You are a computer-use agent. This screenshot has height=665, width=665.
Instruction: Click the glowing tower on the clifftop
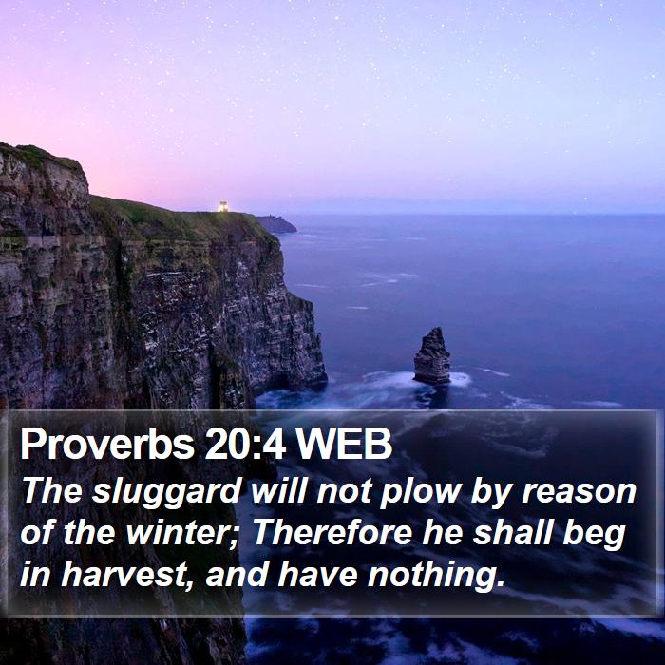click(223, 206)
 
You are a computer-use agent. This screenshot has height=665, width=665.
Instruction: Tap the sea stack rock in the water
click(432, 356)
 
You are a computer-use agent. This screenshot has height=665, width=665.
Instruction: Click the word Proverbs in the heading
click(107, 445)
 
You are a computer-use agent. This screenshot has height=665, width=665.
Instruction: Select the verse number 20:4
click(245, 445)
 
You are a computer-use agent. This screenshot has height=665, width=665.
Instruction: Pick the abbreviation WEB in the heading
click(344, 445)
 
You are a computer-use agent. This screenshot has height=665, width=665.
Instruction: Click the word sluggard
click(167, 492)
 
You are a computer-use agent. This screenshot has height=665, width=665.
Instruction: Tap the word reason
click(579, 492)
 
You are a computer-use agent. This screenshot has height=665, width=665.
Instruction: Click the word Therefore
click(332, 532)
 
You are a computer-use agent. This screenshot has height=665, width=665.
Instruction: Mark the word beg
click(595, 534)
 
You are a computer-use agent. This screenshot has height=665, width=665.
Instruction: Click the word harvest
click(123, 574)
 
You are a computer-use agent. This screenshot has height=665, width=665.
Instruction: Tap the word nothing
click(436, 575)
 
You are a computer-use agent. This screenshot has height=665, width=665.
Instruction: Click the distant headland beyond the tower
click(276, 224)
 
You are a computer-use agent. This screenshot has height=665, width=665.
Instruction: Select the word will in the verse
click(278, 491)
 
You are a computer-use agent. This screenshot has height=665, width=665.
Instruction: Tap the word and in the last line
click(236, 574)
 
